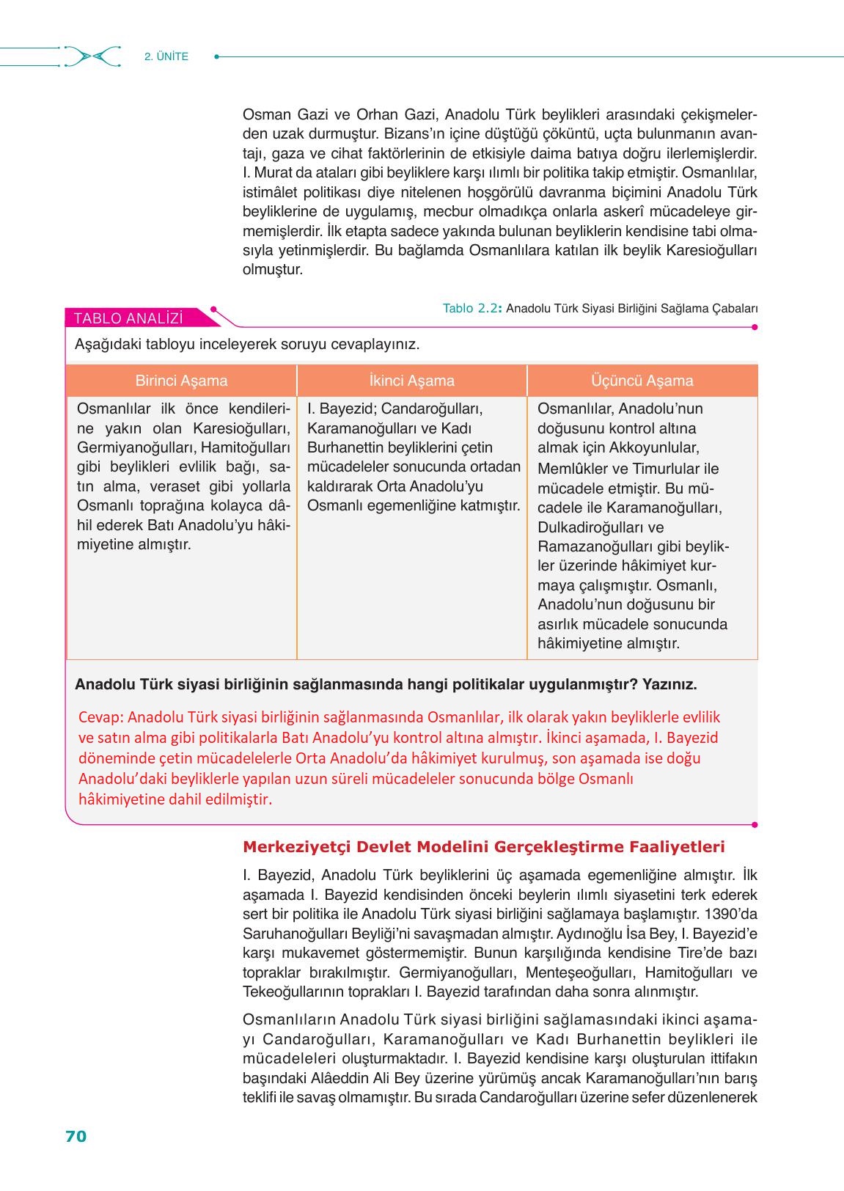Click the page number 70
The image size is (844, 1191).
coord(76,1136)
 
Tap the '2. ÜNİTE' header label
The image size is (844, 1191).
coord(166,56)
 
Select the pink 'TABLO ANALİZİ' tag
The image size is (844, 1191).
coord(129,318)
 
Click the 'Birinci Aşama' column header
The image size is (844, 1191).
coord(181,381)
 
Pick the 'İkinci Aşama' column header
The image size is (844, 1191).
coord(411,381)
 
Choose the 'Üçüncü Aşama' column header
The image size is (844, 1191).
coord(642,381)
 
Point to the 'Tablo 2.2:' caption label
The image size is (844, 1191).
coord(472,308)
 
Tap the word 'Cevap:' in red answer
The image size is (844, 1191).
coord(101,717)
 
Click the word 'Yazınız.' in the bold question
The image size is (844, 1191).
coord(669,684)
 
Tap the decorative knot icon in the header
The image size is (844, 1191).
coord(92,56)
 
